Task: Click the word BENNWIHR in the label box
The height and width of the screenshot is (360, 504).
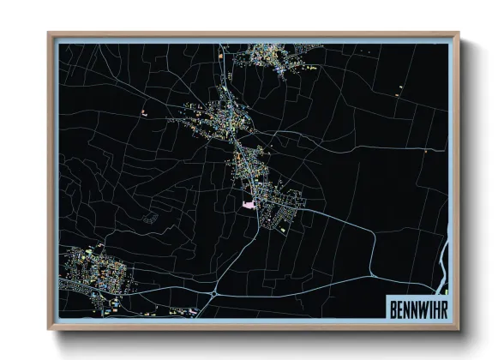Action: coord(417,305)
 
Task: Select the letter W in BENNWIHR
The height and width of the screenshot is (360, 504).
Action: coord(423,305)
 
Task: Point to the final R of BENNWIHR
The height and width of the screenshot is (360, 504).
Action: coord(442,305)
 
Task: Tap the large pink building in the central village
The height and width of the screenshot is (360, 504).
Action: coord(249,205)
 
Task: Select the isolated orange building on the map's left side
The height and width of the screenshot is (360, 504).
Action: coord(144,112)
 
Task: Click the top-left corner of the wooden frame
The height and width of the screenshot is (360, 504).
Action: coord(49,34)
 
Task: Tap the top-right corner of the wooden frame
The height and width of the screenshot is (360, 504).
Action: coord(458,34)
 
